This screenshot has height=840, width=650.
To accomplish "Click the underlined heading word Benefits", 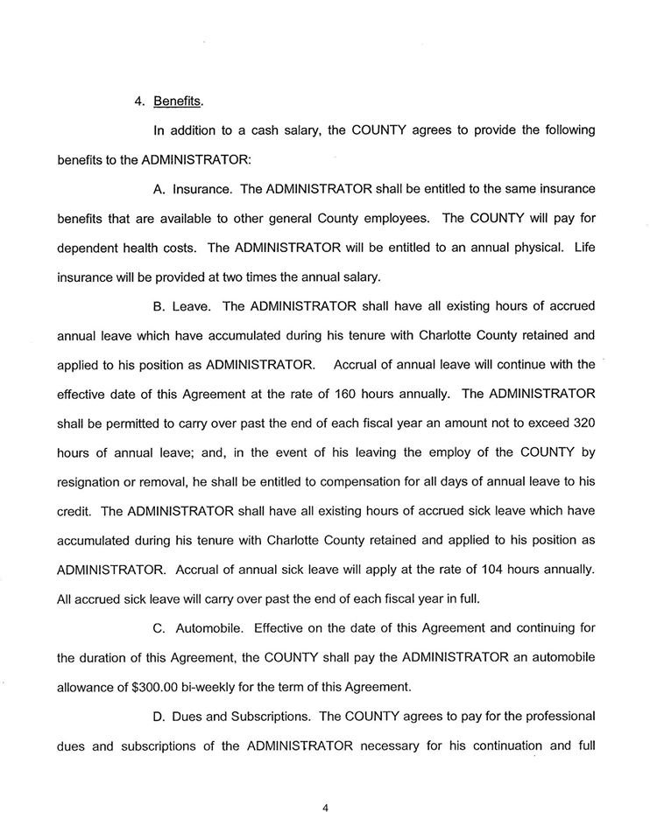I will pyautogui.click(x=178, y=100).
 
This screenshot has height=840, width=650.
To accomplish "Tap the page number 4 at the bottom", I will pyautogui.click(x=325, y=808).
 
